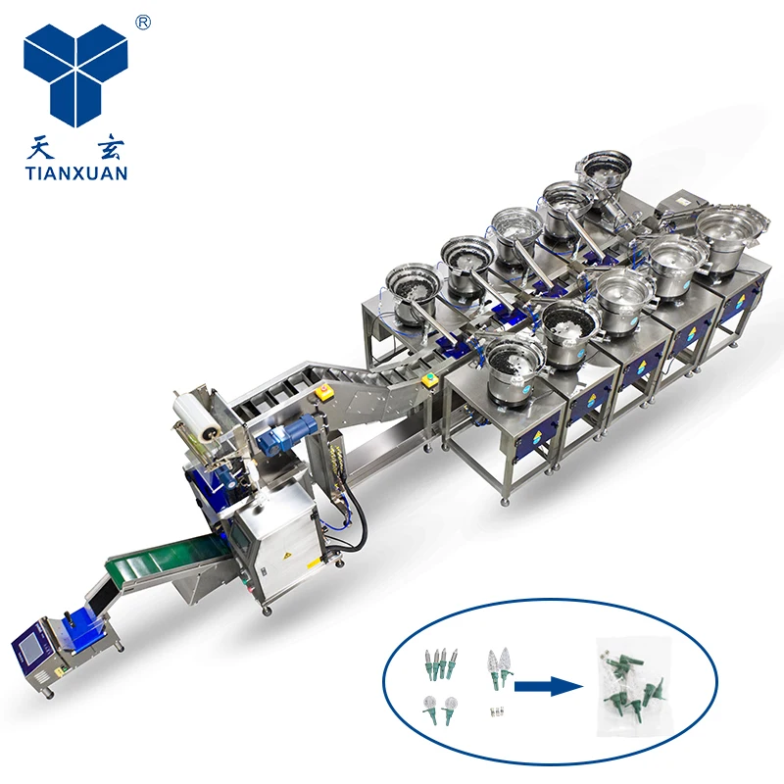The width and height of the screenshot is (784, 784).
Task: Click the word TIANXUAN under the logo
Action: pyautogui.click(x=75, y=173)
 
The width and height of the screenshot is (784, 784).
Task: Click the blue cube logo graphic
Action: pyautogui.click(x=75, y=73)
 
